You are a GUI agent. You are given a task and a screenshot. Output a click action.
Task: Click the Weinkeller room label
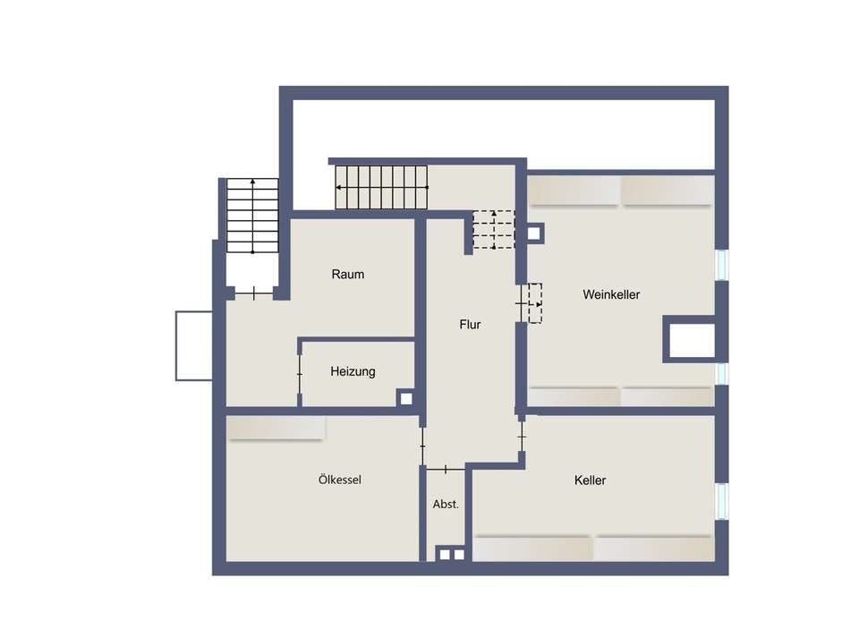tap(611, 294)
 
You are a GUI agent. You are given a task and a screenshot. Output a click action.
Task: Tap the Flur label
tap(470, 325)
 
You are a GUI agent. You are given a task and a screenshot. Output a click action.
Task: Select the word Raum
tap(347, 275)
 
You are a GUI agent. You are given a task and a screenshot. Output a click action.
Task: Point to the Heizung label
tap(353, 371)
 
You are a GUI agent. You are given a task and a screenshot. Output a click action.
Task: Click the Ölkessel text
tap(340, 480)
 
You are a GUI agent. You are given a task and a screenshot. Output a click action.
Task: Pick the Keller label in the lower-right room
tap(590, 480)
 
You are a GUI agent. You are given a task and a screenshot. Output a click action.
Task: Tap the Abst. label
tap(446, 505)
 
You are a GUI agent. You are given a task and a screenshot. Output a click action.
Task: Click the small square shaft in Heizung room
tap(405, 399)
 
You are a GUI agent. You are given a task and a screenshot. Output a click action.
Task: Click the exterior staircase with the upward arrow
tap(252, 216)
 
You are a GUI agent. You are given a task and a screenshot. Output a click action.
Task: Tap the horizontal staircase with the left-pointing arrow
tap(382, 187)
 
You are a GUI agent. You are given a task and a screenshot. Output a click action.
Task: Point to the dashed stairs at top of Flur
tap(494, 229)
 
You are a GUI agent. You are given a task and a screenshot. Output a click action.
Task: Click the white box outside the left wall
tap(193, 345)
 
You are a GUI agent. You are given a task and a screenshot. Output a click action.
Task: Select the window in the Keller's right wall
tap(721, 502)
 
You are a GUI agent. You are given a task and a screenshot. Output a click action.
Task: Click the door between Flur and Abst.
tap(446, 469)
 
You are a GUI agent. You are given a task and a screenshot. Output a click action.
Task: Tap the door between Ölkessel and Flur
tap(422, 439)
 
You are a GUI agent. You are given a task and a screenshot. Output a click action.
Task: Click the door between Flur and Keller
tap(522, 436)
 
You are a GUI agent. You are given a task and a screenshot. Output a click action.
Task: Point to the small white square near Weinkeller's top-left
tap(534, 234)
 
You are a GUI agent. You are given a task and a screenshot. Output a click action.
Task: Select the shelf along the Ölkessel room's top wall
tap(275, 428)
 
